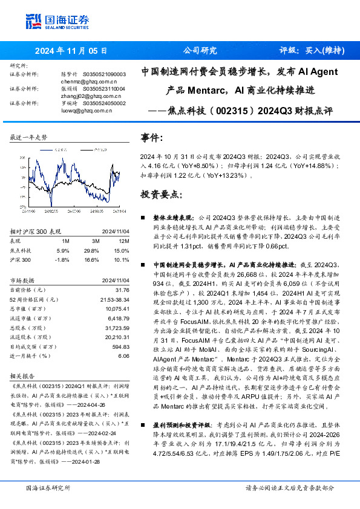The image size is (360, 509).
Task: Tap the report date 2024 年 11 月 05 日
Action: (71, 51)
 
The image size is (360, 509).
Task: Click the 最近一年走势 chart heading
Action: (28, 137)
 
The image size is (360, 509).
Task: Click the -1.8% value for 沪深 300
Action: (62, 259)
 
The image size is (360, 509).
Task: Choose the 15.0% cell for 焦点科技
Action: (122, 250)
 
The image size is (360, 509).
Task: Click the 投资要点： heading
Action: (160, 195)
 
